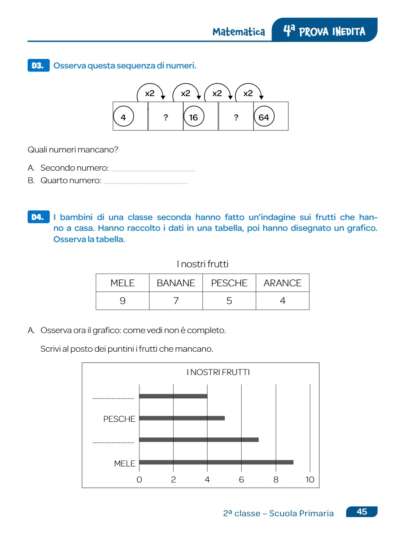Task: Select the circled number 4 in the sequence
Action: (x=123, y=117)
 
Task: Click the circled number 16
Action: (x=193, y=117)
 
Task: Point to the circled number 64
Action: (x=264, y=117)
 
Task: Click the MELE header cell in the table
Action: (x=123, y=283)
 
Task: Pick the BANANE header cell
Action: (x=176, y=283)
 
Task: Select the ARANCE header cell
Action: (x=282, y=283)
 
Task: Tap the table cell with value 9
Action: (x=123, y=301)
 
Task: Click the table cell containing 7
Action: (x=176, y=301)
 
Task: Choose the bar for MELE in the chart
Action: (x=216, y=462)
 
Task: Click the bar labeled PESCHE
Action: (x=182, y=418)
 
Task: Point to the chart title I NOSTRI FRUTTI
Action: (x=218, y=372)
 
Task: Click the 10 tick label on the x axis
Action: (x=310, y=479)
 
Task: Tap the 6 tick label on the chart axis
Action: (x=241, y=479)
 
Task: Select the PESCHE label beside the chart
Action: (x=119, y=419)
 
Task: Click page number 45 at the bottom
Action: (x=362, y=512)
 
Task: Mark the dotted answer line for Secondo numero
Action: (x=153, y=170)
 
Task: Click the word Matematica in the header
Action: (x=239, y=32)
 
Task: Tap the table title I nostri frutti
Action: (x=202, y=264)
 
